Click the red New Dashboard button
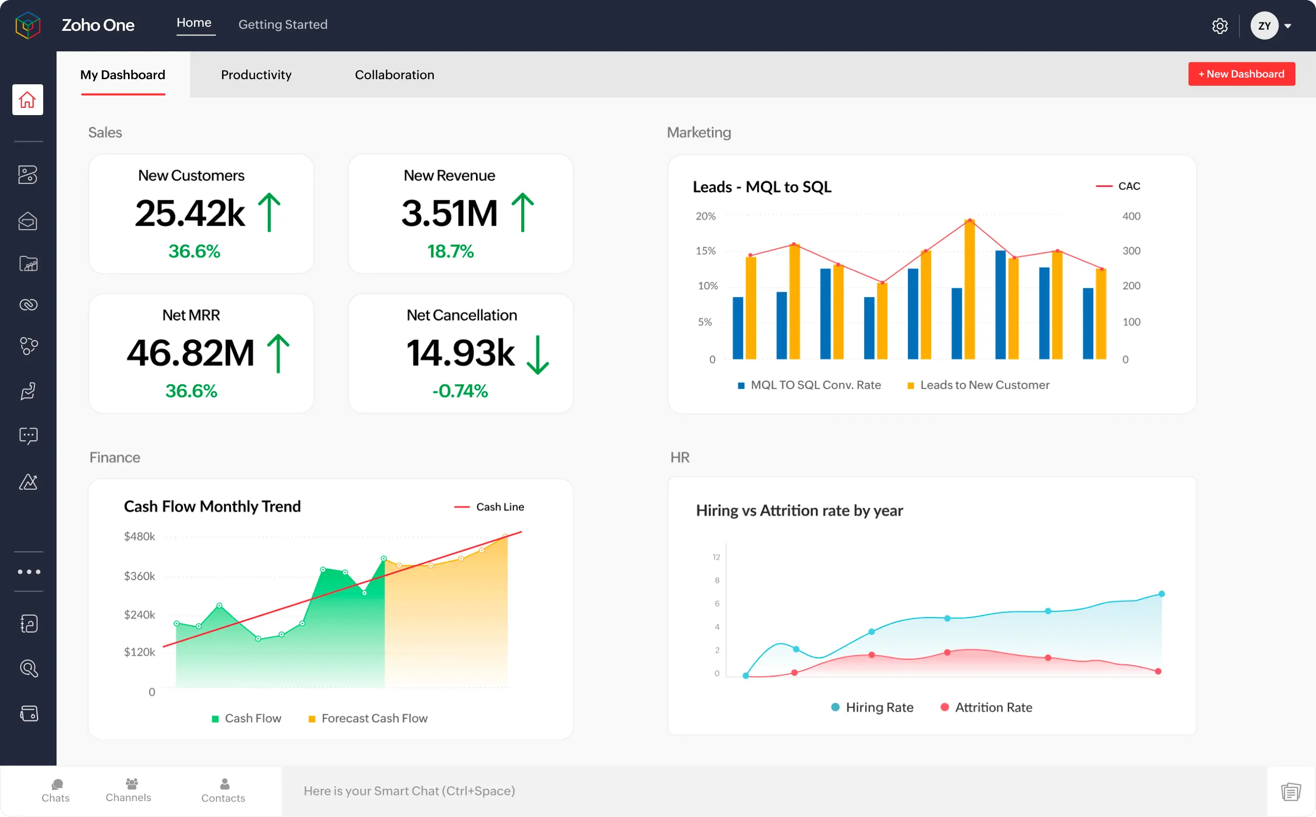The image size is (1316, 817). click(1241, 74)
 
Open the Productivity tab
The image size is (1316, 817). click(256, 75)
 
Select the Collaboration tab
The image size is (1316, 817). click(394, 75)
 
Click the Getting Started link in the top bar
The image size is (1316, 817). click(283, 24)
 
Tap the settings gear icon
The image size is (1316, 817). click(1219, 26)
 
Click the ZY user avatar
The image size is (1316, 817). click(1264, 26)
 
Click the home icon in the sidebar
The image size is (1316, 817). click(28, 100)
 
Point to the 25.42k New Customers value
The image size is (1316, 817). click(190, 213)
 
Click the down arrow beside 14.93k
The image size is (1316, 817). click(537, 355)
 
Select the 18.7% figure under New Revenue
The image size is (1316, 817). click(450, 251)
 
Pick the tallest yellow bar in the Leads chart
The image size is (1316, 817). click(970, 290)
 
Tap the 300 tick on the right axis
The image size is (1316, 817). click(1130, 251)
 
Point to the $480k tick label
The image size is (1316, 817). click(139, 536)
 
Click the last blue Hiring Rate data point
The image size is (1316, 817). click(1161, 594)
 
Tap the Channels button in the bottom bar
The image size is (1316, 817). click(129, 790)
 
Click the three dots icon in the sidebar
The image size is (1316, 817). click(29, 572)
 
